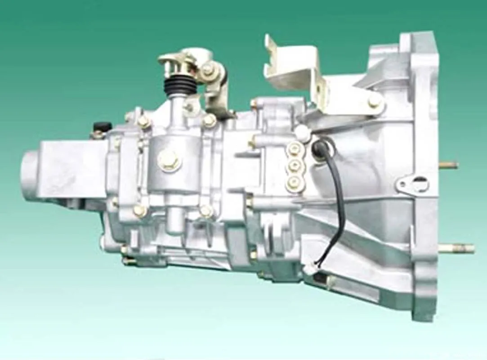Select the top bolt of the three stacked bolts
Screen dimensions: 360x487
click(294, 149)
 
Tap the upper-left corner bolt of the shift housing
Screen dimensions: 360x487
click(143, 121)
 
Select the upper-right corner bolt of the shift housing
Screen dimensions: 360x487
click(209, 120)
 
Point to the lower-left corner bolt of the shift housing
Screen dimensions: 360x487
click(139, 210)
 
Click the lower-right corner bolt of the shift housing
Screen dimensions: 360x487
click(206, 211)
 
